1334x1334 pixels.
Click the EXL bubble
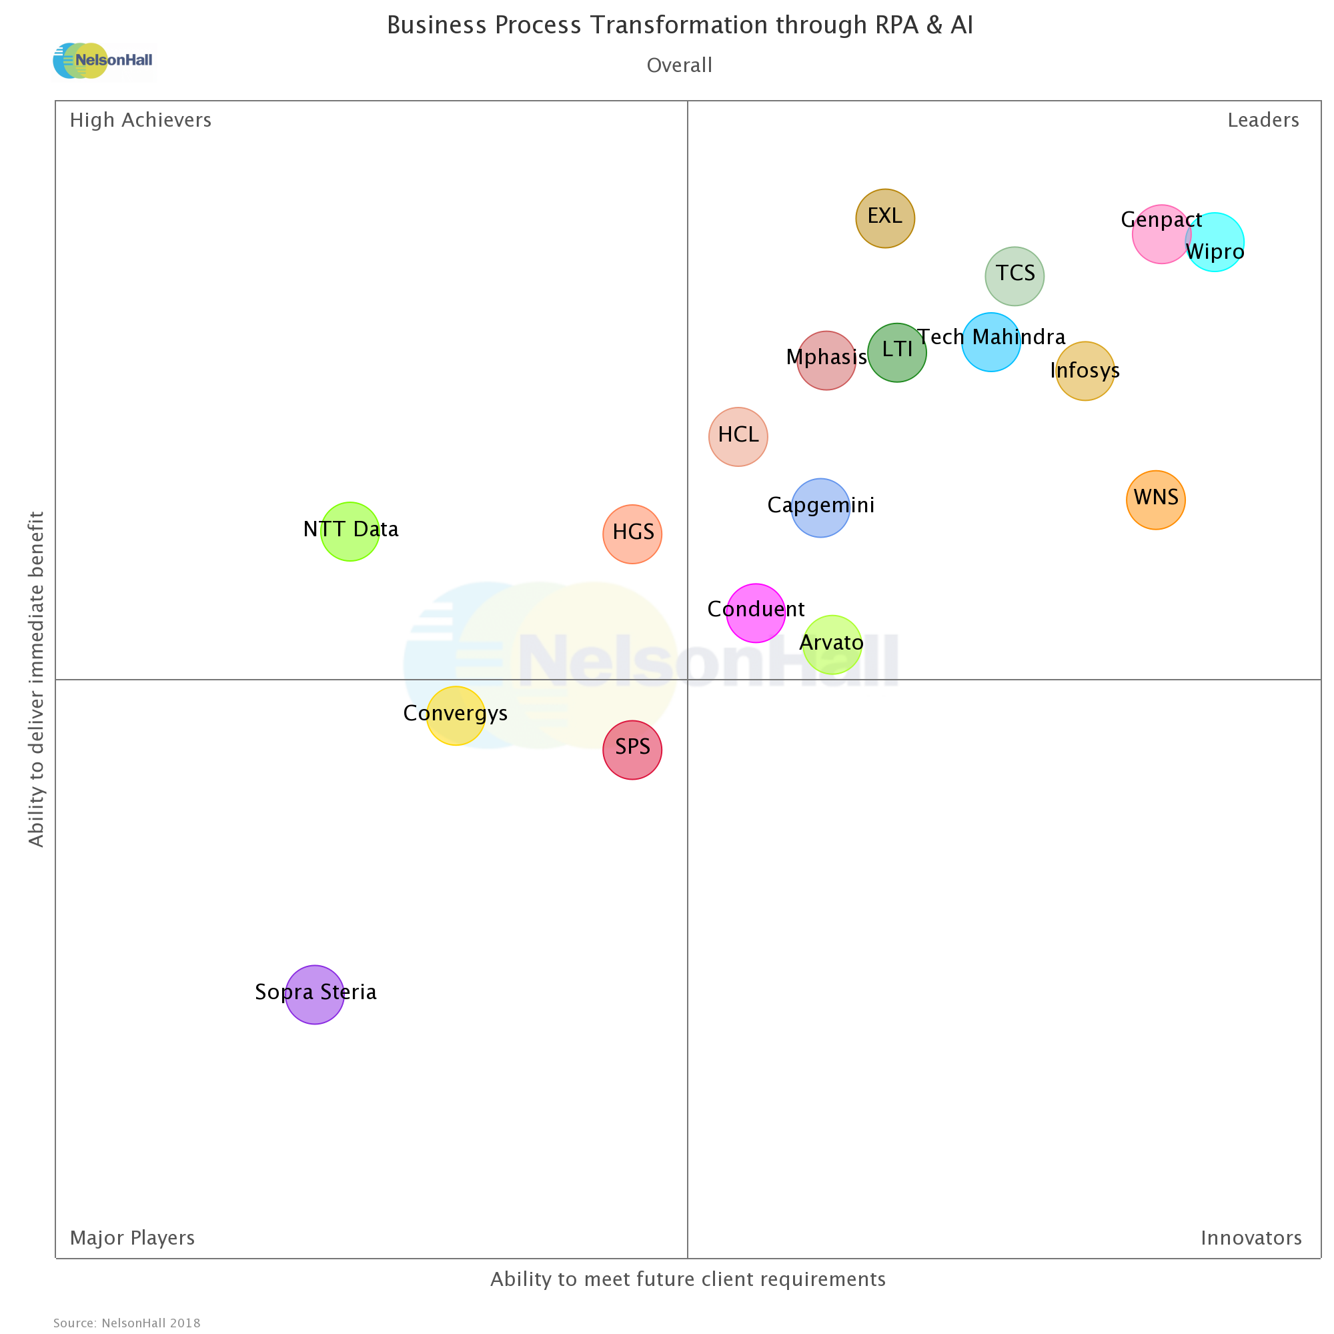point(884,218)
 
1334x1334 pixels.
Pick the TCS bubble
point(1015,276)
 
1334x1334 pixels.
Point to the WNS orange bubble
point(1156,500)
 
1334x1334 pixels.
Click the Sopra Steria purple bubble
point(315,994)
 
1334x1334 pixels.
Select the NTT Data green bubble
point(350,532)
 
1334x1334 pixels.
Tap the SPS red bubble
point(632,750)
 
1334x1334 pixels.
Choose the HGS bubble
point(632,534)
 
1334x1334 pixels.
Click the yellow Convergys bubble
point(456,716)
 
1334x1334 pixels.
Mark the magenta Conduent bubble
point(756,613)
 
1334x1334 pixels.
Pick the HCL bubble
point(738,437)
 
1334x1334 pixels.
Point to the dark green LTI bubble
point(897,353)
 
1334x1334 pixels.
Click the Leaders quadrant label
point(1263,120)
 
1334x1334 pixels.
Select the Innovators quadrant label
point(1251,1238)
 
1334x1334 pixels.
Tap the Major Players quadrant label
point(133,1238)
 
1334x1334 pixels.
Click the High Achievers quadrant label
point(141,120)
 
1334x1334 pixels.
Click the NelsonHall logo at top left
point(103,61)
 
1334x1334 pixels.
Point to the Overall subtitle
point(680,65)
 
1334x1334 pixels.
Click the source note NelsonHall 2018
point(127,1323)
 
